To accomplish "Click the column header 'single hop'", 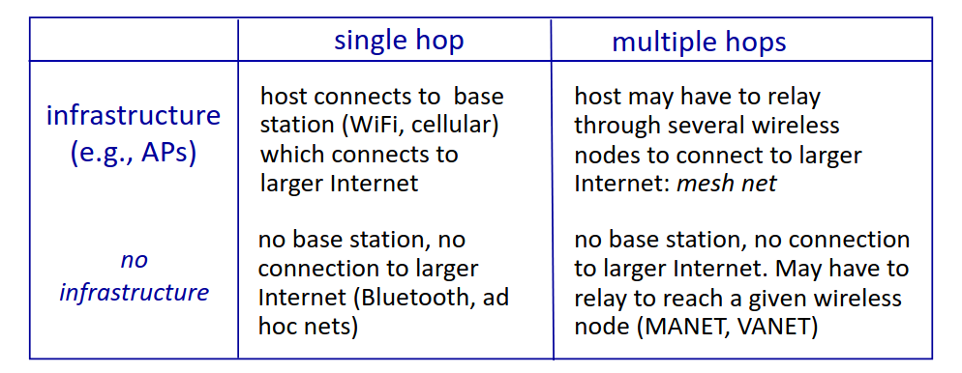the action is pos(399,41).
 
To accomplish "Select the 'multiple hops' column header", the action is pos(699,43).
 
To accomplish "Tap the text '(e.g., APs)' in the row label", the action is pos(134,153).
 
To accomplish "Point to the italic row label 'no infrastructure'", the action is pos(134,276).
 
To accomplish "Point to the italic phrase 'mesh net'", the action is pos(727,184).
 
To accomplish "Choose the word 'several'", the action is pos(708,126).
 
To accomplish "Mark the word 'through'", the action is pos(617,127).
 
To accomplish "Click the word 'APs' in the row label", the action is pos(165,153).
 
